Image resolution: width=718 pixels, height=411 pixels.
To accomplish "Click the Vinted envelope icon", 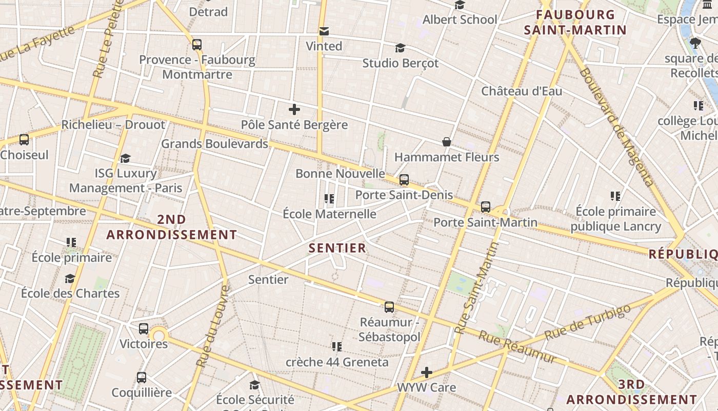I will [x=324, y=31].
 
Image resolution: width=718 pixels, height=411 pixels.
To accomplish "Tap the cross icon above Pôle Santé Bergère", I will [x=294, y=109].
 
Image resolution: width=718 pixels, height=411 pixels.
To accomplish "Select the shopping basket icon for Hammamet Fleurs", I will [x=447, y=142].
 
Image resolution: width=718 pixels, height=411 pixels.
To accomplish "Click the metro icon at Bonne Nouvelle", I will [x=404, y=180].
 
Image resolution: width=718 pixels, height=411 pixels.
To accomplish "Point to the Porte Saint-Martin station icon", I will [x=486, y=207].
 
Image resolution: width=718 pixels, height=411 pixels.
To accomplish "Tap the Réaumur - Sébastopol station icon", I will [x=389, y=307].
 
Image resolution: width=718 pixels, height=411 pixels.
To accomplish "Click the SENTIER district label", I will [x=337, y=248].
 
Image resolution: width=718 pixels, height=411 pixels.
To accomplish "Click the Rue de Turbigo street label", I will [x=587, y=322].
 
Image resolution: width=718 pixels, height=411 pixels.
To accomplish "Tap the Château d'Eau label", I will [x=522, y=91].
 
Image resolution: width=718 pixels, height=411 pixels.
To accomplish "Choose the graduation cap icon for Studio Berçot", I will [x=400, y=48].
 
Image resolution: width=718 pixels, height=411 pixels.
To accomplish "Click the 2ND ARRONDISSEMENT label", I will [x=171, y=227].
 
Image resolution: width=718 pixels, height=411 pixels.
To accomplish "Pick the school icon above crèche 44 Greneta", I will [x=336, y=347].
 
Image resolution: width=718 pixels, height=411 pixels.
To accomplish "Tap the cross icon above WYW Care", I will [x=426, y=372].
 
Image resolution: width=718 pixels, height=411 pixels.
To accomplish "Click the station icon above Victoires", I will [x=144, y=329].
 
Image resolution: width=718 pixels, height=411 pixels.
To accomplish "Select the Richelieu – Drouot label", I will [x=113, y=125].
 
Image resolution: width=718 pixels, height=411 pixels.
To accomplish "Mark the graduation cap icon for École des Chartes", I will [x=70, y=278].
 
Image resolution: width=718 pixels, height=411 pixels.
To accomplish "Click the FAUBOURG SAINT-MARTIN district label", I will [x=575, y=22].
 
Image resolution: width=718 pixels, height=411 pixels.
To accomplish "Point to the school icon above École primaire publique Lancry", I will [x=615, y=196].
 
